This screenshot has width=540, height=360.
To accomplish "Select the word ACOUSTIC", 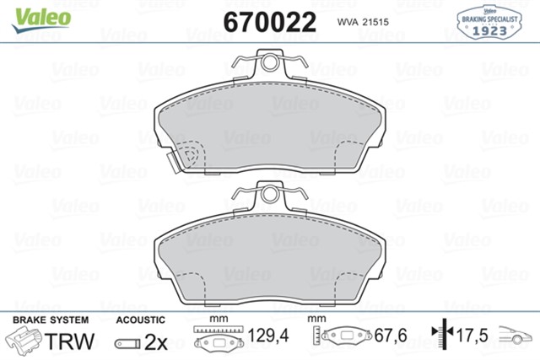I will [x=139, y=320].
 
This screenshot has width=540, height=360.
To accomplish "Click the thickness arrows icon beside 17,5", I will [x=438, y=336].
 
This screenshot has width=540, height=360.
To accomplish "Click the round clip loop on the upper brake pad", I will [x=270, y=62].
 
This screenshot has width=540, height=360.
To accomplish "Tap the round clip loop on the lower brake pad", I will [x=270, y=195].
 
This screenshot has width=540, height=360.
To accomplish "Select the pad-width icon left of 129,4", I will [x=219, y=337].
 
